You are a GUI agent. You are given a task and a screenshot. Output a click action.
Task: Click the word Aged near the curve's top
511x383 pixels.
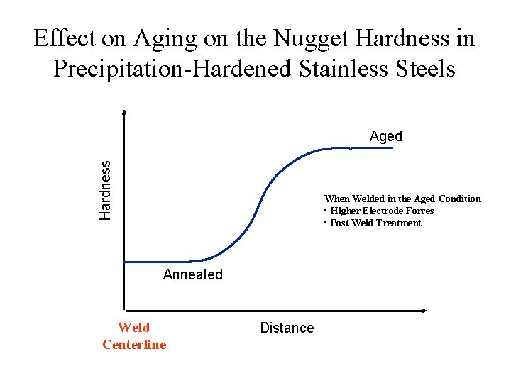tap(385, 136)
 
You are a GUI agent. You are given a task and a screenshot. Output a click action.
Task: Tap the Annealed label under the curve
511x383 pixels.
tap(192, 274)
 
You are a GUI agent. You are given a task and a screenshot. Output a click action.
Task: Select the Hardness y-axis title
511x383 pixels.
tap(105, 189)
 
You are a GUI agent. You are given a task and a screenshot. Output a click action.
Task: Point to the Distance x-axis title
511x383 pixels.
tap(287, 328)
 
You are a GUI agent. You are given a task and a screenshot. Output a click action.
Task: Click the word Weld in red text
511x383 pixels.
tap(134, 328)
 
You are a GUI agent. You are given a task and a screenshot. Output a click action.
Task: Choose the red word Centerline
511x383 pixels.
tap(134, 345)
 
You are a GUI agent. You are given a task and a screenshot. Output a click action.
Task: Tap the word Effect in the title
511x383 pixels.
tap(64, 39)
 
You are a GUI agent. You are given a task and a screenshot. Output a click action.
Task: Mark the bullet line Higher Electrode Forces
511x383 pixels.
tap(381, 211)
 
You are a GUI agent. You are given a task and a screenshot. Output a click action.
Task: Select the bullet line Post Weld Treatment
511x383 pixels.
tap(375, 223)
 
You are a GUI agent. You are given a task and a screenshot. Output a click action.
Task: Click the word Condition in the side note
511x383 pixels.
tap(459, 199)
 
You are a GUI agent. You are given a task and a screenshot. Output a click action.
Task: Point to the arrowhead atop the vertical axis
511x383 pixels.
tap(124, 111)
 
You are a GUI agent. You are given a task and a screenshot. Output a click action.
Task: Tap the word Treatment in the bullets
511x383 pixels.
tap(398, 223)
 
